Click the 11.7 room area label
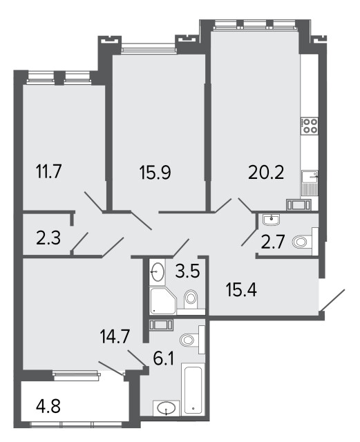[48, 171]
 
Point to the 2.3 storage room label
[48, 238]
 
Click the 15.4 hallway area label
[242, 290]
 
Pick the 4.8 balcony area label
[48, 406]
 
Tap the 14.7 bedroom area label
[115, 336]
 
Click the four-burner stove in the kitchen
[310, 126]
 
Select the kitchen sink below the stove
[310, 183]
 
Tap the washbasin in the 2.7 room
[271, 220]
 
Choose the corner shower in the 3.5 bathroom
[162, 300]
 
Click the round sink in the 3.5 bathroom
[157, 271]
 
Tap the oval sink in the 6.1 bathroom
[167, 408]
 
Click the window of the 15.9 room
[149, 48]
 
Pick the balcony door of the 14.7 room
[112, 368]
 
